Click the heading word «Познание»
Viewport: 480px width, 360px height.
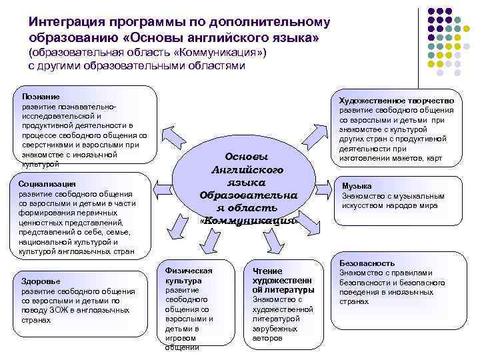coord(41,97)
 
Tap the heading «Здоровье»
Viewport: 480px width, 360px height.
coord(40,281)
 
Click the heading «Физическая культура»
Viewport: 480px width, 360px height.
coord(188,275)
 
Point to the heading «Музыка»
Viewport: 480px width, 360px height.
coord(357,186)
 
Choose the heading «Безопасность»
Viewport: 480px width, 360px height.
coord(367,263)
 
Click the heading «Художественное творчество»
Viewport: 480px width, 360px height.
coord(396,101)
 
